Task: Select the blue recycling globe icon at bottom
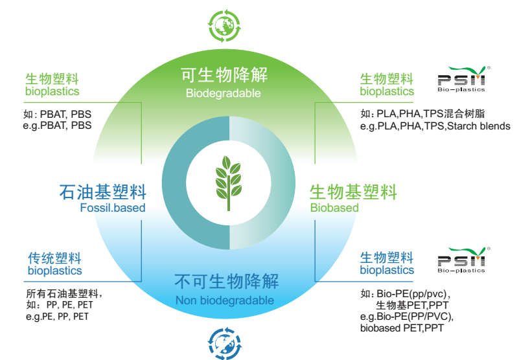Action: pos(224,342)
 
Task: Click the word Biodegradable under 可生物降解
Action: pos(223,93)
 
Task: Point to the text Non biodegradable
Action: pos(224,300)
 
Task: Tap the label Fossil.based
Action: pos(113,208)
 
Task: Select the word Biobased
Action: pos(334,208)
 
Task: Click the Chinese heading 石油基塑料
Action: pos(102,192)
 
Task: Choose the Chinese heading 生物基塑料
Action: pos(353,192)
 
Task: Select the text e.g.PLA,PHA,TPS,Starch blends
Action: pos(435,126)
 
